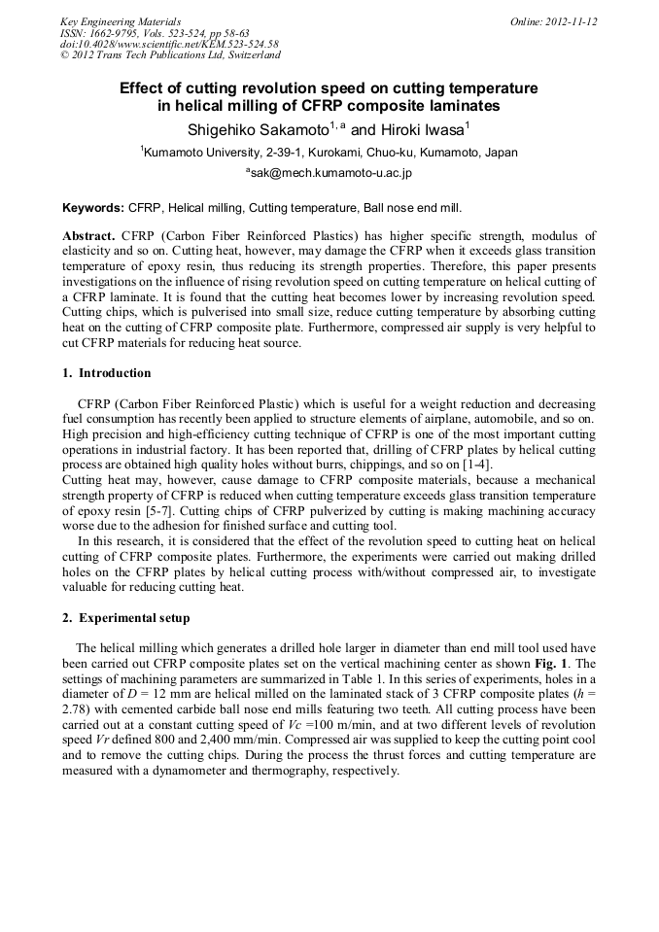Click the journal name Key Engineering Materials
(121, 21)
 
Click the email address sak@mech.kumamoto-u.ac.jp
(329, 173)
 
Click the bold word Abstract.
(88, 236)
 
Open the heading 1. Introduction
(107, 373)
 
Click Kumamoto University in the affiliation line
(197, 153)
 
